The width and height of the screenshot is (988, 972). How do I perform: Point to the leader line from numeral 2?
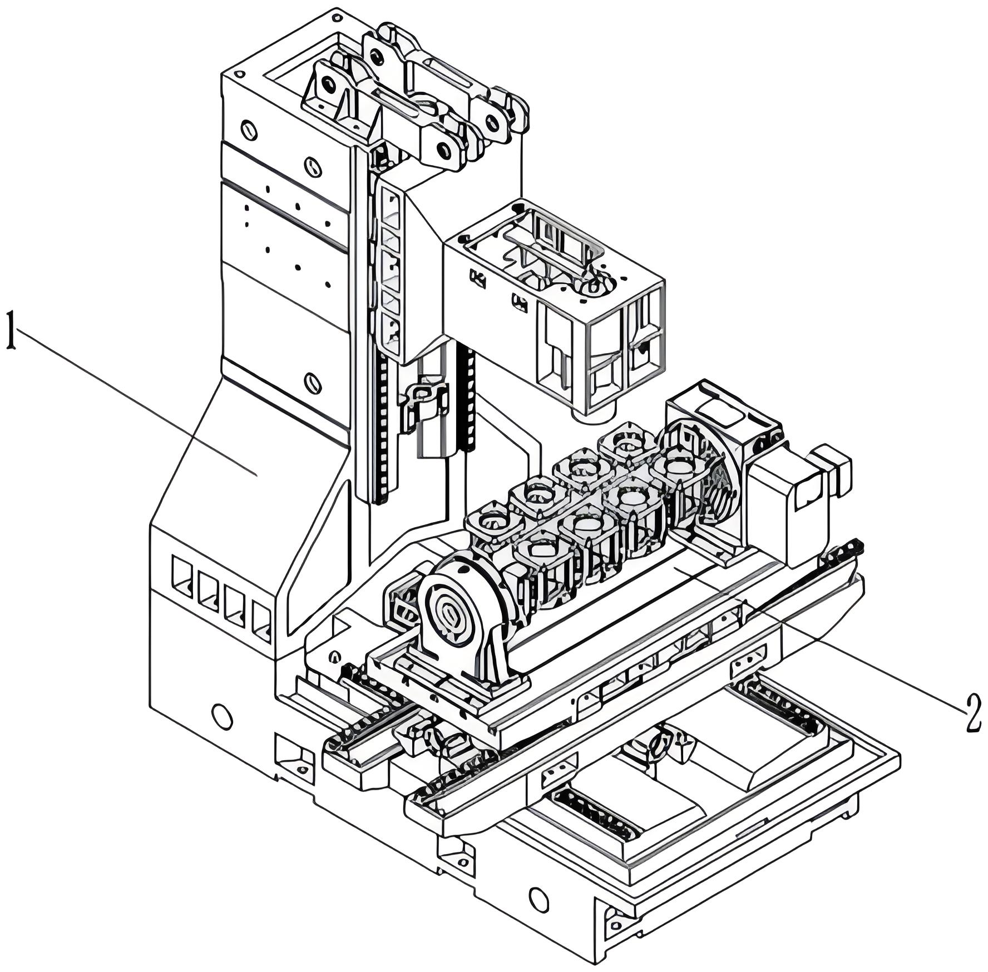[x=823, y=639]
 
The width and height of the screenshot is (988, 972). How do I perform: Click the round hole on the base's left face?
[x=222, y=717]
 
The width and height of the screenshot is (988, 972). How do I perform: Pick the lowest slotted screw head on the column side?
[x=313, y=383]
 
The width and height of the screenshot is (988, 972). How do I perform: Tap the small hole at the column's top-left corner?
[x=240, y=74]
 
